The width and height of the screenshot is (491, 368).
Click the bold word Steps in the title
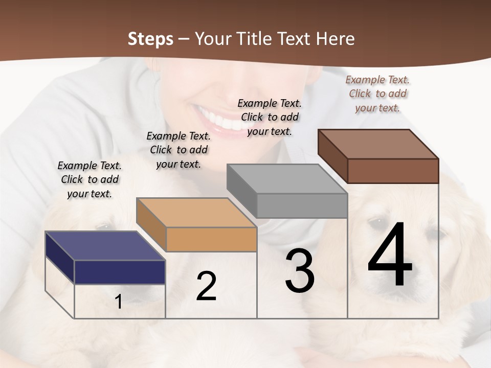[150, 39]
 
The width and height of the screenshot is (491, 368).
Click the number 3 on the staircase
[299, 271]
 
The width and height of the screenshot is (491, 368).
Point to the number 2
[206, 286]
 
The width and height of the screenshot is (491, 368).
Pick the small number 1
[119, 302]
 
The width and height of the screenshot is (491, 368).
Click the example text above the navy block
[90, 179]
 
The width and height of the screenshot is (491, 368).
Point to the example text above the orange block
[178, 150]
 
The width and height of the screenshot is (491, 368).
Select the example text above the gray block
[270, 117]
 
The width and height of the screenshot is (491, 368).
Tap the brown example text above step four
[377, 94]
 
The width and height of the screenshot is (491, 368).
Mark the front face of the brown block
[393, 171]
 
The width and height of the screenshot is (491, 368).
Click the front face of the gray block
[302, 205]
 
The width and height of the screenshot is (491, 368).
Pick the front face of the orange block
[211, 239]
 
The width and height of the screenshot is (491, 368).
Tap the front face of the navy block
[120, 272]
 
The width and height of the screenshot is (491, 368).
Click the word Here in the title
[335, 39]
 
